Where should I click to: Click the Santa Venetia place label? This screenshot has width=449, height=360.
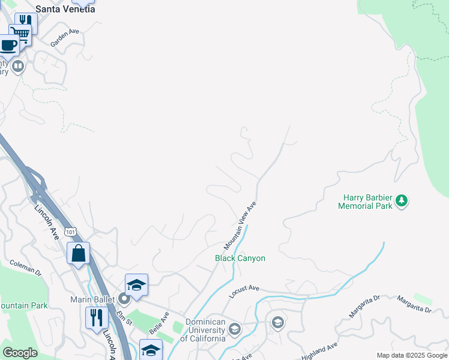(65, 9)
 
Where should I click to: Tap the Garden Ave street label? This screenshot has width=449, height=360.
(65, 38)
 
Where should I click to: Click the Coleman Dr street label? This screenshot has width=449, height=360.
(25, 268)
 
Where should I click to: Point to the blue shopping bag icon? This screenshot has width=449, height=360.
(79, 253)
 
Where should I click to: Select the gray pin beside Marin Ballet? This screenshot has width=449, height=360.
(124, 298)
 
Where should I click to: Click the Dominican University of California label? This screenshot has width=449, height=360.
(205, 330)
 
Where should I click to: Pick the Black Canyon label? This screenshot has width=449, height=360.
(240, 258)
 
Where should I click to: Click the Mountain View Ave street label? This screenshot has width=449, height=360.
(240, 226)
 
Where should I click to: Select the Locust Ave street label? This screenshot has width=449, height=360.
(243, 292)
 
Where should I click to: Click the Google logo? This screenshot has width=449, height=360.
(20, 353)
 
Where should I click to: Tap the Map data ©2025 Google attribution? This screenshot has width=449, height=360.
(412, 355)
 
